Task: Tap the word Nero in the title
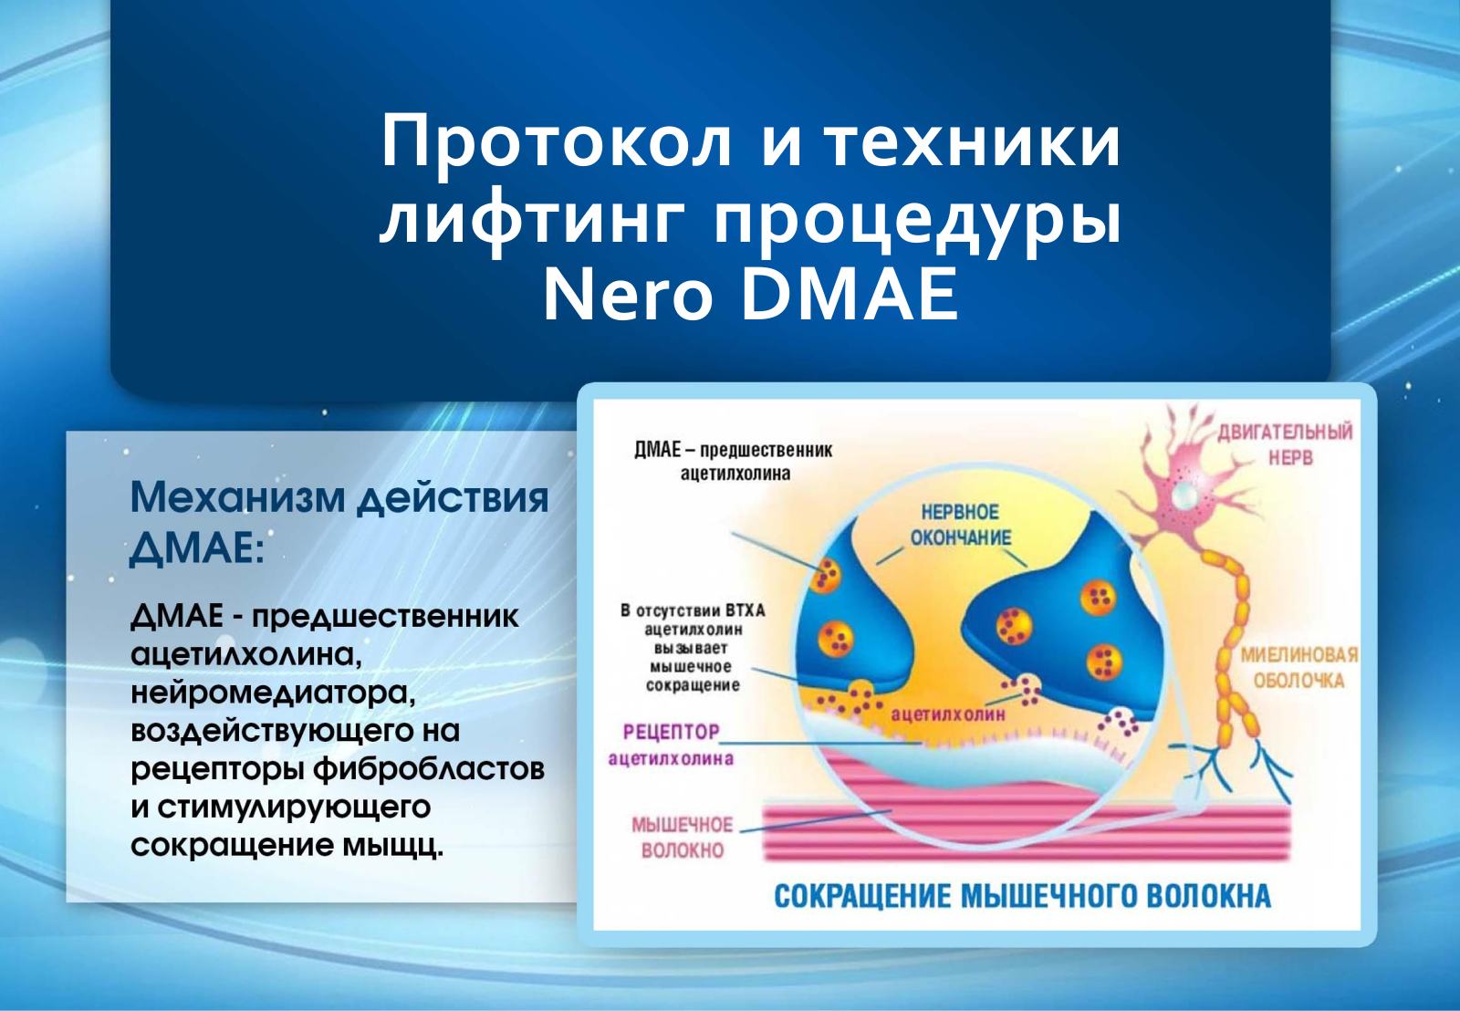pos(628,295)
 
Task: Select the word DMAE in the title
pos(851,295)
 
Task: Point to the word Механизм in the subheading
pos(237,497)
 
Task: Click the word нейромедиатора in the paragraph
pos(273,693)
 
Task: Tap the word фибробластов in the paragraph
pos(429,769)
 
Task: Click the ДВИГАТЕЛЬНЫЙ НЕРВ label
pos(1286,444)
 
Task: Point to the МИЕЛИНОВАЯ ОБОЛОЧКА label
pos(1298,668)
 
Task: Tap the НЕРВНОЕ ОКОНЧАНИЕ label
pos(961,525)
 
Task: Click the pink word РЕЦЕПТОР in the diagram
pos(671,732)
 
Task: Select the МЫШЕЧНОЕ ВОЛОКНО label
pos(683,838)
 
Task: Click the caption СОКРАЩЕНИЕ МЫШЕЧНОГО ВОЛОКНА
pos(1023,896)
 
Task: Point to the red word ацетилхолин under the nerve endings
pos(948,714)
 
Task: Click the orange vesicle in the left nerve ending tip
pos(825,575)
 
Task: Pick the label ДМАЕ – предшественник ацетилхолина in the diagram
pos(734,462)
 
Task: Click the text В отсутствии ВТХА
pos(693,610)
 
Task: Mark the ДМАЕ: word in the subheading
pos(197,548)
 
